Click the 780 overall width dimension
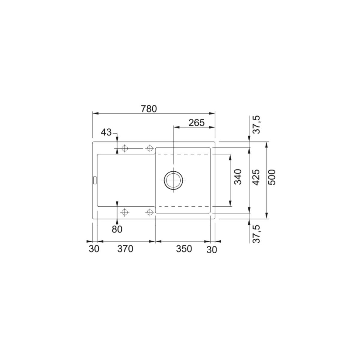[x=149, y=109]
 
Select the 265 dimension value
[x=196, y=123]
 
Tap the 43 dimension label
[x=106, y=133]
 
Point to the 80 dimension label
[x=117, y=229]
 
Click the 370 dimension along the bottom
[x=125, y=249]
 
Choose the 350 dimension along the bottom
[x=184, y=249]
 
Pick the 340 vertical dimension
[x=238, y=177]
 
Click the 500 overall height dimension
[x=272, y=177]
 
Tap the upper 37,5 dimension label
[x=257, y=124]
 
